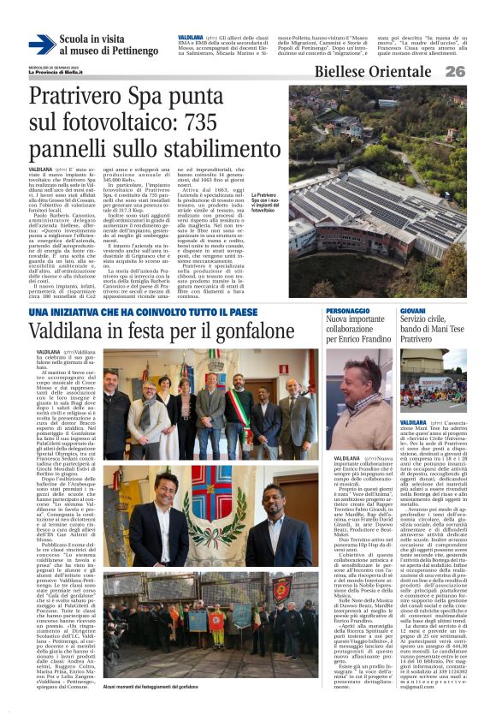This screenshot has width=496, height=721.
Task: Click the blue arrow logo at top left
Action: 42,45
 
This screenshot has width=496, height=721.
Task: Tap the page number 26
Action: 455,72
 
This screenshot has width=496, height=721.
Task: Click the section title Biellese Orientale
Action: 373,72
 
